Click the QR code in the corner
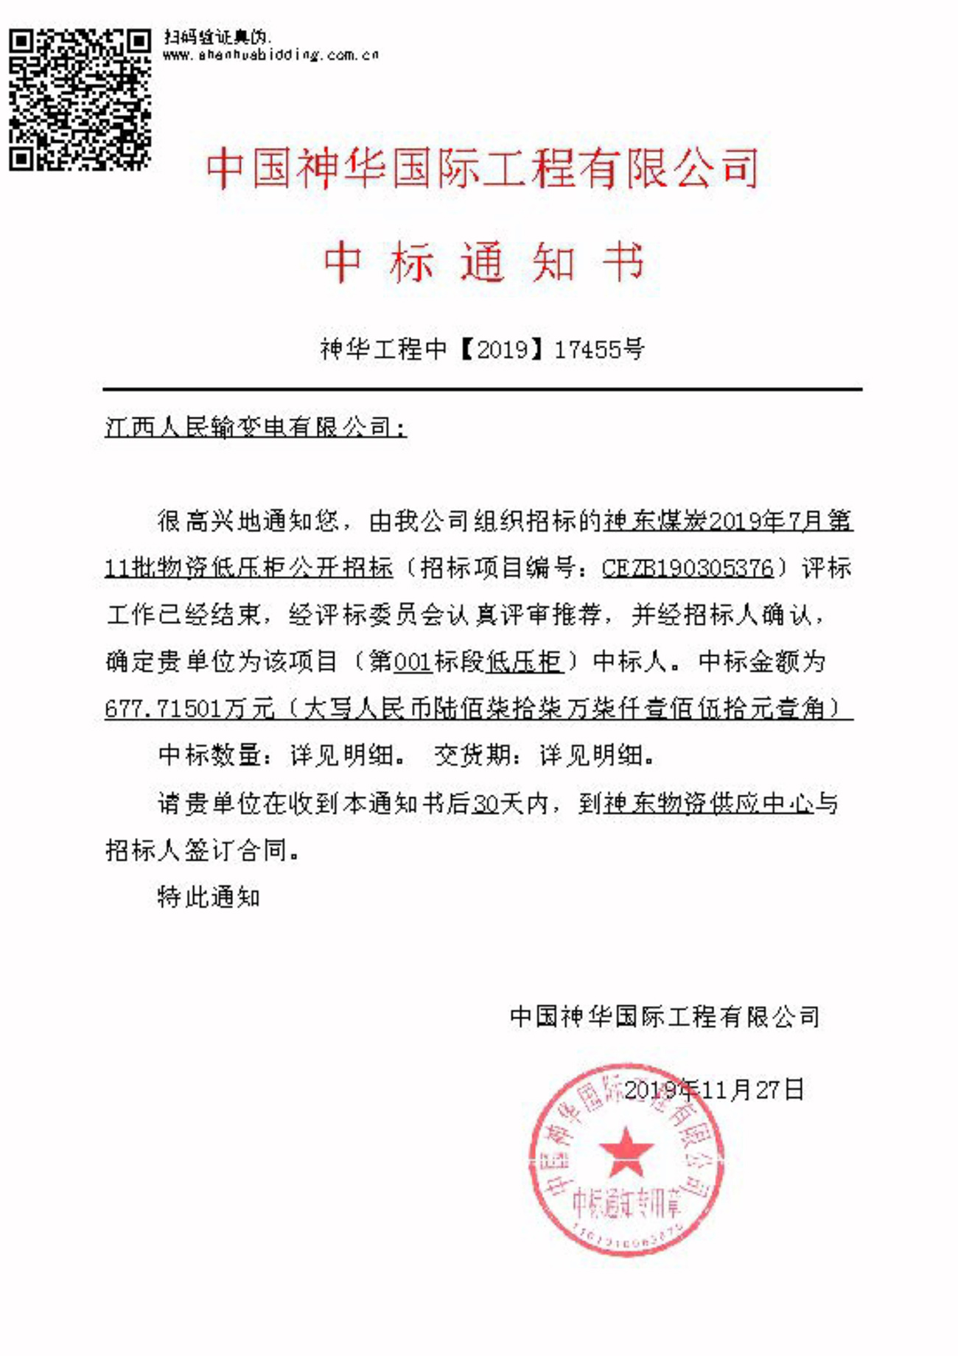coord(80,99)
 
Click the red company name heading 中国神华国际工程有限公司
coord(483,168)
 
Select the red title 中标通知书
coord(483,262)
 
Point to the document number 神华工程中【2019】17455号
coord(483,349)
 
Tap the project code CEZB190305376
coord(688,568)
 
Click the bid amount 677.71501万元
coord(189,708)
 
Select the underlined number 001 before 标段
coord(413,661)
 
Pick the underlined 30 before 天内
coord(486,803)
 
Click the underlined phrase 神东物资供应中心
coord(709,803)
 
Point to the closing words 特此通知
coord(209,897)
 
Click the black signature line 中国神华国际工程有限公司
coord(665,1017)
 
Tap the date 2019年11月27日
coord(713,1089)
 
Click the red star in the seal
coord(626,1151)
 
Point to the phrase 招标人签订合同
coord(197,850)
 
